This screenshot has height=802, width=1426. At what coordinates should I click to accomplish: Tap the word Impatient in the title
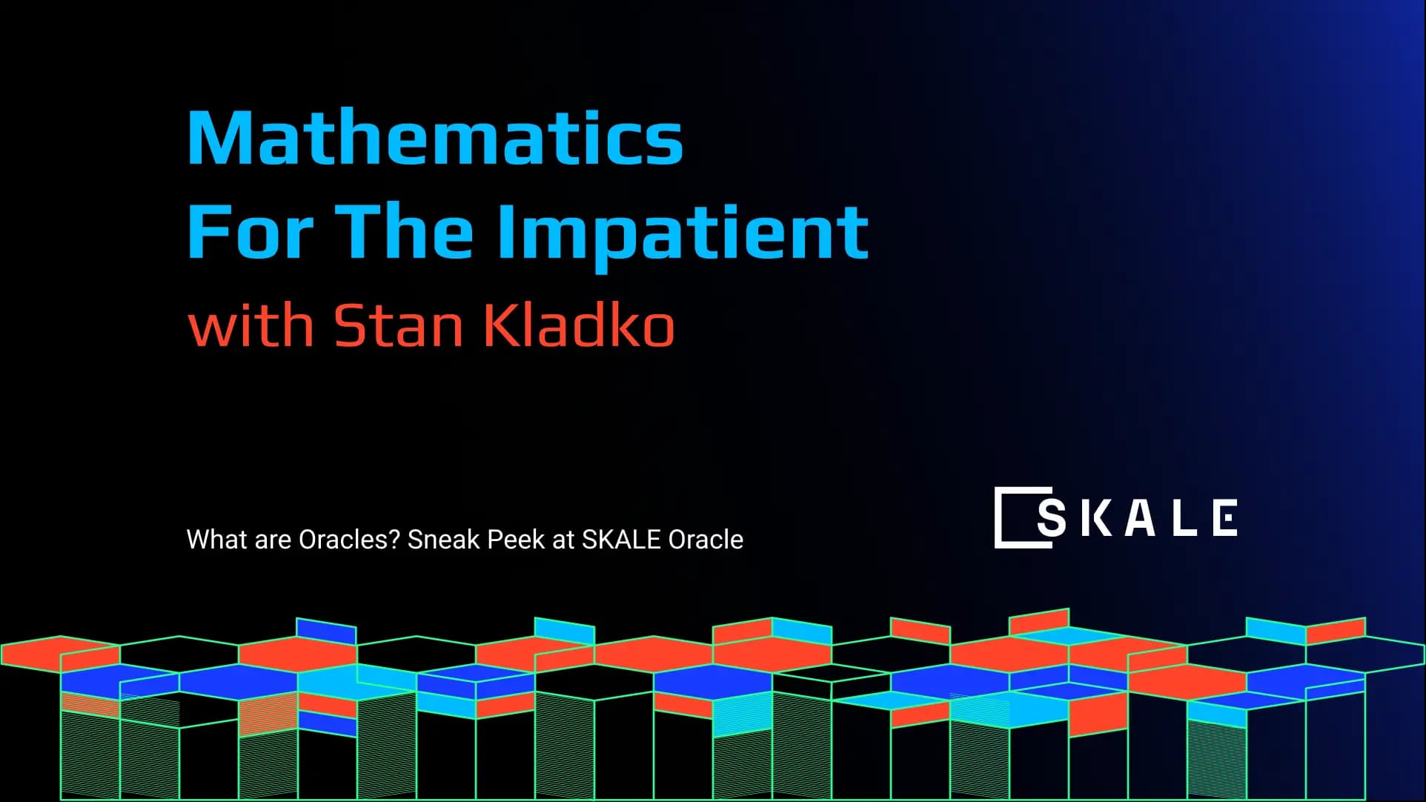coord(682,233)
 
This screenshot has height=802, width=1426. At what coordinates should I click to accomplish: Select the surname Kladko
coord(579,325)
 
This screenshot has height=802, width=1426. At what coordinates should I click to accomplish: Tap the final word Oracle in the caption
coord(706,540)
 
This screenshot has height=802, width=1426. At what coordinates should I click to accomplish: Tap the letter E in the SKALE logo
coord(1225,517)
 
